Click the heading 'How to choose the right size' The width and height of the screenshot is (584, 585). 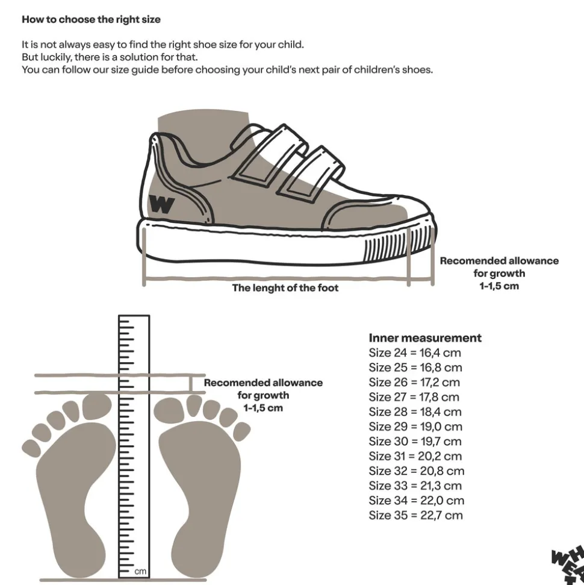coord(91,19)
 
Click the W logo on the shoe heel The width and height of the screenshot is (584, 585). coord(161,204)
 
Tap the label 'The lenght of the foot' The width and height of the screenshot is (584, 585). coord(285,288)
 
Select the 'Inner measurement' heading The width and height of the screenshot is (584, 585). coord(425,338)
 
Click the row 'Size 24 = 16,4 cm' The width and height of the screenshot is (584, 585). coord(415,353)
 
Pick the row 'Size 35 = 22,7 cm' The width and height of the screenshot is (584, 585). coord(415,515)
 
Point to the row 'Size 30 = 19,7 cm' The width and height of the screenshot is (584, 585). coord(415,442)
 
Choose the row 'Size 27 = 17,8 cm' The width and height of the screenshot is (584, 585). coord(414,397)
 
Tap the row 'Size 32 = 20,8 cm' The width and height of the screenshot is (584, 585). coord(416,471)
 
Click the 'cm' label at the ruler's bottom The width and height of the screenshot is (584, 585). coord(140,570)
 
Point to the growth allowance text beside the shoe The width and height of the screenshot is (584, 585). coord(499,274)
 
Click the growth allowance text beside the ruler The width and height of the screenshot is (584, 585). coord(263,395)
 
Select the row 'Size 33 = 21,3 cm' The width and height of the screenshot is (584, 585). coord(415,486)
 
